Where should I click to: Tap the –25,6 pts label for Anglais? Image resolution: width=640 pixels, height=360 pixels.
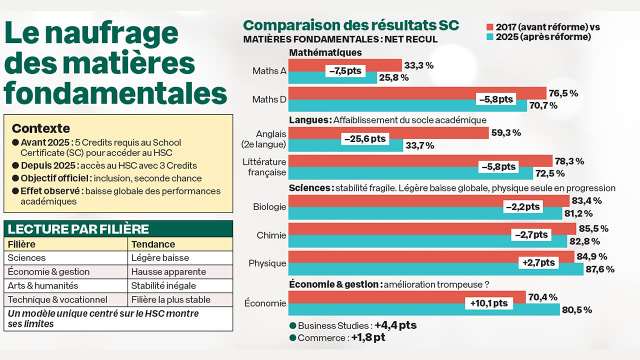[365, 139]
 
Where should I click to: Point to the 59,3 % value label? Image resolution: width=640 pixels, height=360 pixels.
[506, 133]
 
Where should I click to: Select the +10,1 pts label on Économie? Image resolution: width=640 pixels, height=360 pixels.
[488, 303]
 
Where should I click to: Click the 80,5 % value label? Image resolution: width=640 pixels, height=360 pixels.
[577, 310]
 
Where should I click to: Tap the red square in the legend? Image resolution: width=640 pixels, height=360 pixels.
[490, 27]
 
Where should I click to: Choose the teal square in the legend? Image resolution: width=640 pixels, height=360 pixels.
[490, 37]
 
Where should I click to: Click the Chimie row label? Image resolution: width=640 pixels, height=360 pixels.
[271, 235]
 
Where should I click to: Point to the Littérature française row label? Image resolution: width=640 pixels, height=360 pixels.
[264, 167]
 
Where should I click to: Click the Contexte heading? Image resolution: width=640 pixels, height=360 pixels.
[41, 128]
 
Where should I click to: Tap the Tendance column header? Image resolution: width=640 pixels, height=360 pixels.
[153, 244]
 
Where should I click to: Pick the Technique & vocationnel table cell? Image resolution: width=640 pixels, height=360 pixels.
[57, 300]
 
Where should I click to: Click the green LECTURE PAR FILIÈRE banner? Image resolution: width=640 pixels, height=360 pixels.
[118, 229]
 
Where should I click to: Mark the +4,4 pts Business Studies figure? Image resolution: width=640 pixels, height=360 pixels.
[395, 325]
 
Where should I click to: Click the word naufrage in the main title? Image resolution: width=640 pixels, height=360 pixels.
[112, 33]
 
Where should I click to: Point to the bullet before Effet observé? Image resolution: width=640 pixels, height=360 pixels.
[15, 191]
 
